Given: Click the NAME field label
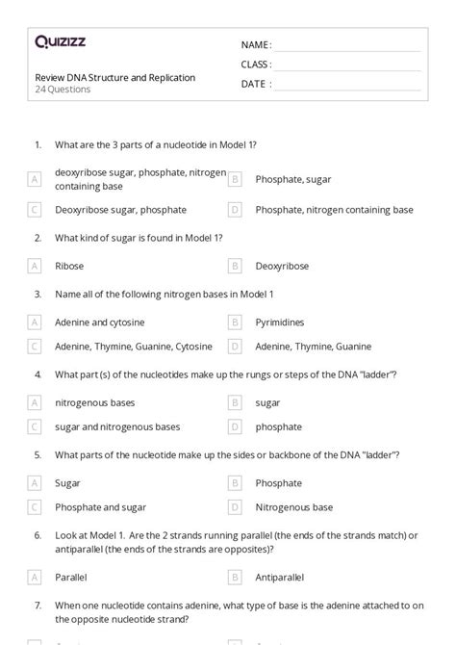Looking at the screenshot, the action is click(256, 45).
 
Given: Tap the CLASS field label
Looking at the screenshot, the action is click(256, 64).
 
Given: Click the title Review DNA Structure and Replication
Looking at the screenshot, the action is click(115, 77).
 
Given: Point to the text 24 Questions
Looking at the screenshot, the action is click(63, 90).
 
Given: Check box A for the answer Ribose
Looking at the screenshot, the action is click(36, 266).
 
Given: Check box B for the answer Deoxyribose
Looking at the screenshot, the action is click(234, 266).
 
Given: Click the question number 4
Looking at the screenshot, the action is click(38, 374).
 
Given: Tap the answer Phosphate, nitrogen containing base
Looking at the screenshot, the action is click(334, 209).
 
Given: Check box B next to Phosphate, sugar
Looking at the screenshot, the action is click(234, 179).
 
